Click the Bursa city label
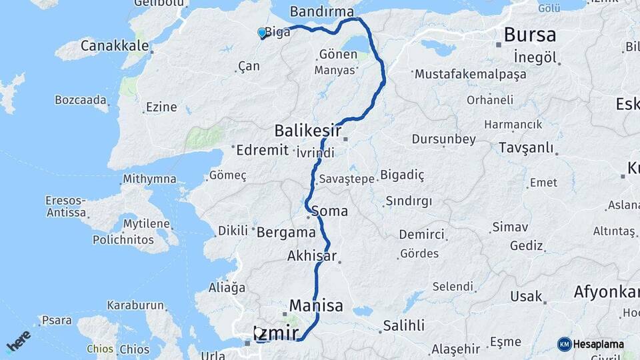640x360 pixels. [x=529, y=35]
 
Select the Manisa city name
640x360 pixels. [x=316, y=306]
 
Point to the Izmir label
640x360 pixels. [x=275, y=333]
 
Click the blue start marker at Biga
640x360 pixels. [x=261, y=32]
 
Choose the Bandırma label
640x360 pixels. [x=322, y=12]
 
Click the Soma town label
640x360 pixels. [x=329, y=211]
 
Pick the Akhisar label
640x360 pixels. [x=311, y=255]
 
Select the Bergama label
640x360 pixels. [x=286, y=233]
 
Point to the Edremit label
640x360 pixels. [x=262, y=150]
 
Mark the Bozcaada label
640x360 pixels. [x=81, y=101]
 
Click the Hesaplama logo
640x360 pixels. [x=591, y=344]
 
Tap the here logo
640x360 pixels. [x=18, y=341]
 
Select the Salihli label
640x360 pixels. [x=403, y=326]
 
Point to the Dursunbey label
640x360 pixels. [x=443, y=139]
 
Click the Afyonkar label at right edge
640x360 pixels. [x=607, y=292]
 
